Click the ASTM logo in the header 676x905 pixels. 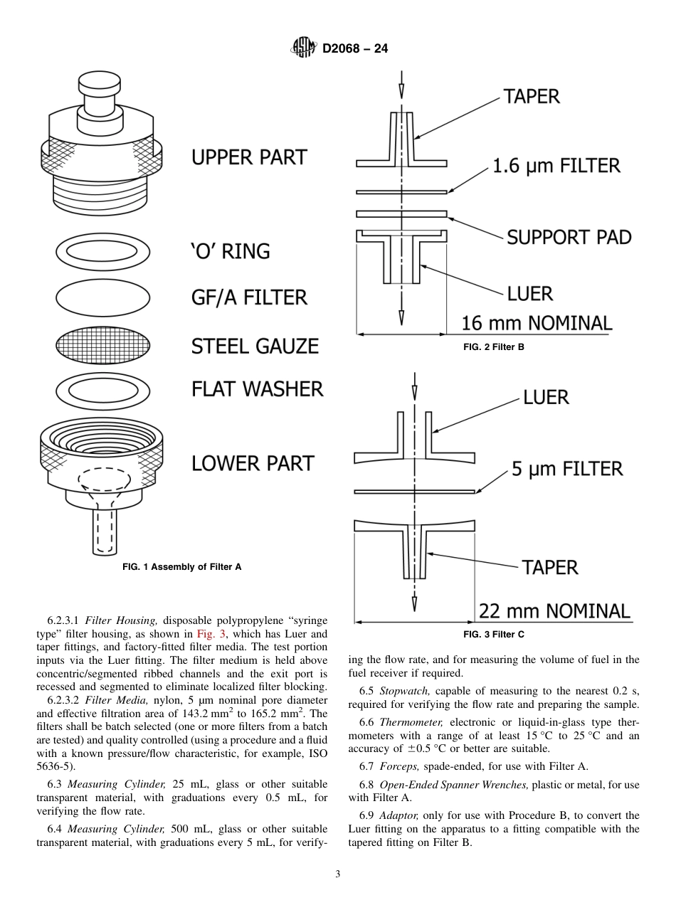[x=304, y=48]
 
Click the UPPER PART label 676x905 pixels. [x=249, y=157]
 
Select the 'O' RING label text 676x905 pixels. [x=231, y=251]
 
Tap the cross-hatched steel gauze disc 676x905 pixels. [x=103, y=346]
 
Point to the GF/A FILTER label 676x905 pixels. [x=249, y=297]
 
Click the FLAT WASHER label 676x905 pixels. [x=257, y=389]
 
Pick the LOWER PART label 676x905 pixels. [x=253, y=463]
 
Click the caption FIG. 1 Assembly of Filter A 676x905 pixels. [x=182, y=567]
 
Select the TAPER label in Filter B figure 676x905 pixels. [x=532, y=96]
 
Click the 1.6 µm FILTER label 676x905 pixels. [x=556, y=166]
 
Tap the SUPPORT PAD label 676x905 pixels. [x=569, y=237]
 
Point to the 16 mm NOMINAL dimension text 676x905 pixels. [x=537, y=324]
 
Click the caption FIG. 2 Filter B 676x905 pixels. [x=493, y=347]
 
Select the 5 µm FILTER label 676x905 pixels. [x=567, y=469]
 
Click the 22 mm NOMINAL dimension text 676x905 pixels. [x=554, y=611]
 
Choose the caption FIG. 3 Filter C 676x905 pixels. [x=493, y=635]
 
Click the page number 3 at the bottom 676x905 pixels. [x=338, y=874]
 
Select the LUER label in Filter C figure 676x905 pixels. [x=546, y=397]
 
